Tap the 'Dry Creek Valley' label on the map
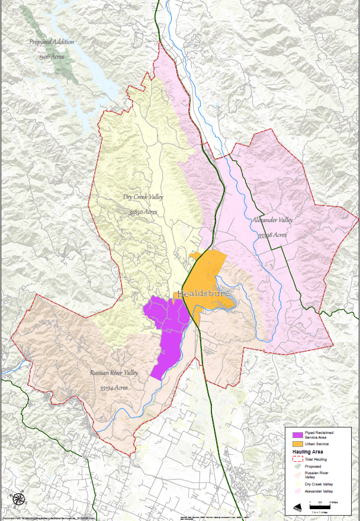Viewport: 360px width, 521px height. pos(143,197)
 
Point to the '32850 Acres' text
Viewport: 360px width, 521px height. pos(146,211)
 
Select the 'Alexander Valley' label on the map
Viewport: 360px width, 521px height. pos(272,220)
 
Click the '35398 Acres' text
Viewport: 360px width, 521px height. pos(272,234)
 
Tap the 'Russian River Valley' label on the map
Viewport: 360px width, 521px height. pos(114,373)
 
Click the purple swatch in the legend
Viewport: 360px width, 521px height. pos(291,435)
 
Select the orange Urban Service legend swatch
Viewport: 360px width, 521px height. pos(291,443)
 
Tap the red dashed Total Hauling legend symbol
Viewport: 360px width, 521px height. pos(291,459)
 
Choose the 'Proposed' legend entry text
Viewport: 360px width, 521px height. pos(313,466)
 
